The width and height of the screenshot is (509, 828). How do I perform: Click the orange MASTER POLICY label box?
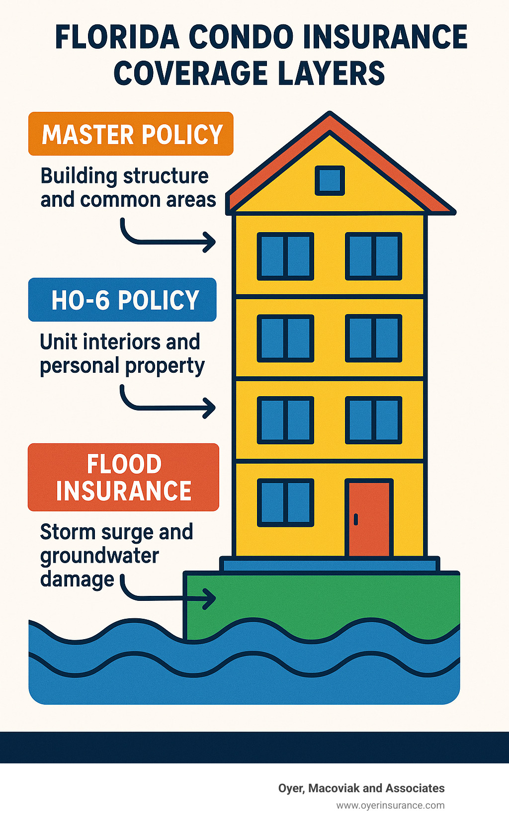(x=131, y=133)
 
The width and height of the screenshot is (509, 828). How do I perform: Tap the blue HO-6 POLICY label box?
(x=122, y=299)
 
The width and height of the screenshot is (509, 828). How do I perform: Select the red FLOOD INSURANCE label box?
(x=123, y=477)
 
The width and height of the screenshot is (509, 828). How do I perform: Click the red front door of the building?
(x=369, y=517)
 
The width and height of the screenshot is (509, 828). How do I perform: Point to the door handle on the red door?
(x=355, y=519)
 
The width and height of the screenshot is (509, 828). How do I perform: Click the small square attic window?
(x=330, y=180)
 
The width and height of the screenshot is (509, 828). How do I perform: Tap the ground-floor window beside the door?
(x=285, y=502)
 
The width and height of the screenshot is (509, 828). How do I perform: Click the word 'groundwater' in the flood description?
(x=99, y=557)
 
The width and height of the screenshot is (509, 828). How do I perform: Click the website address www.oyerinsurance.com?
(x=390, y=805)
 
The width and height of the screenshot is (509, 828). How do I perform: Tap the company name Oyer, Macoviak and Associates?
(x=361, y=788)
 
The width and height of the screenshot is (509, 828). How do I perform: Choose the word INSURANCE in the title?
(x=385, y=37)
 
